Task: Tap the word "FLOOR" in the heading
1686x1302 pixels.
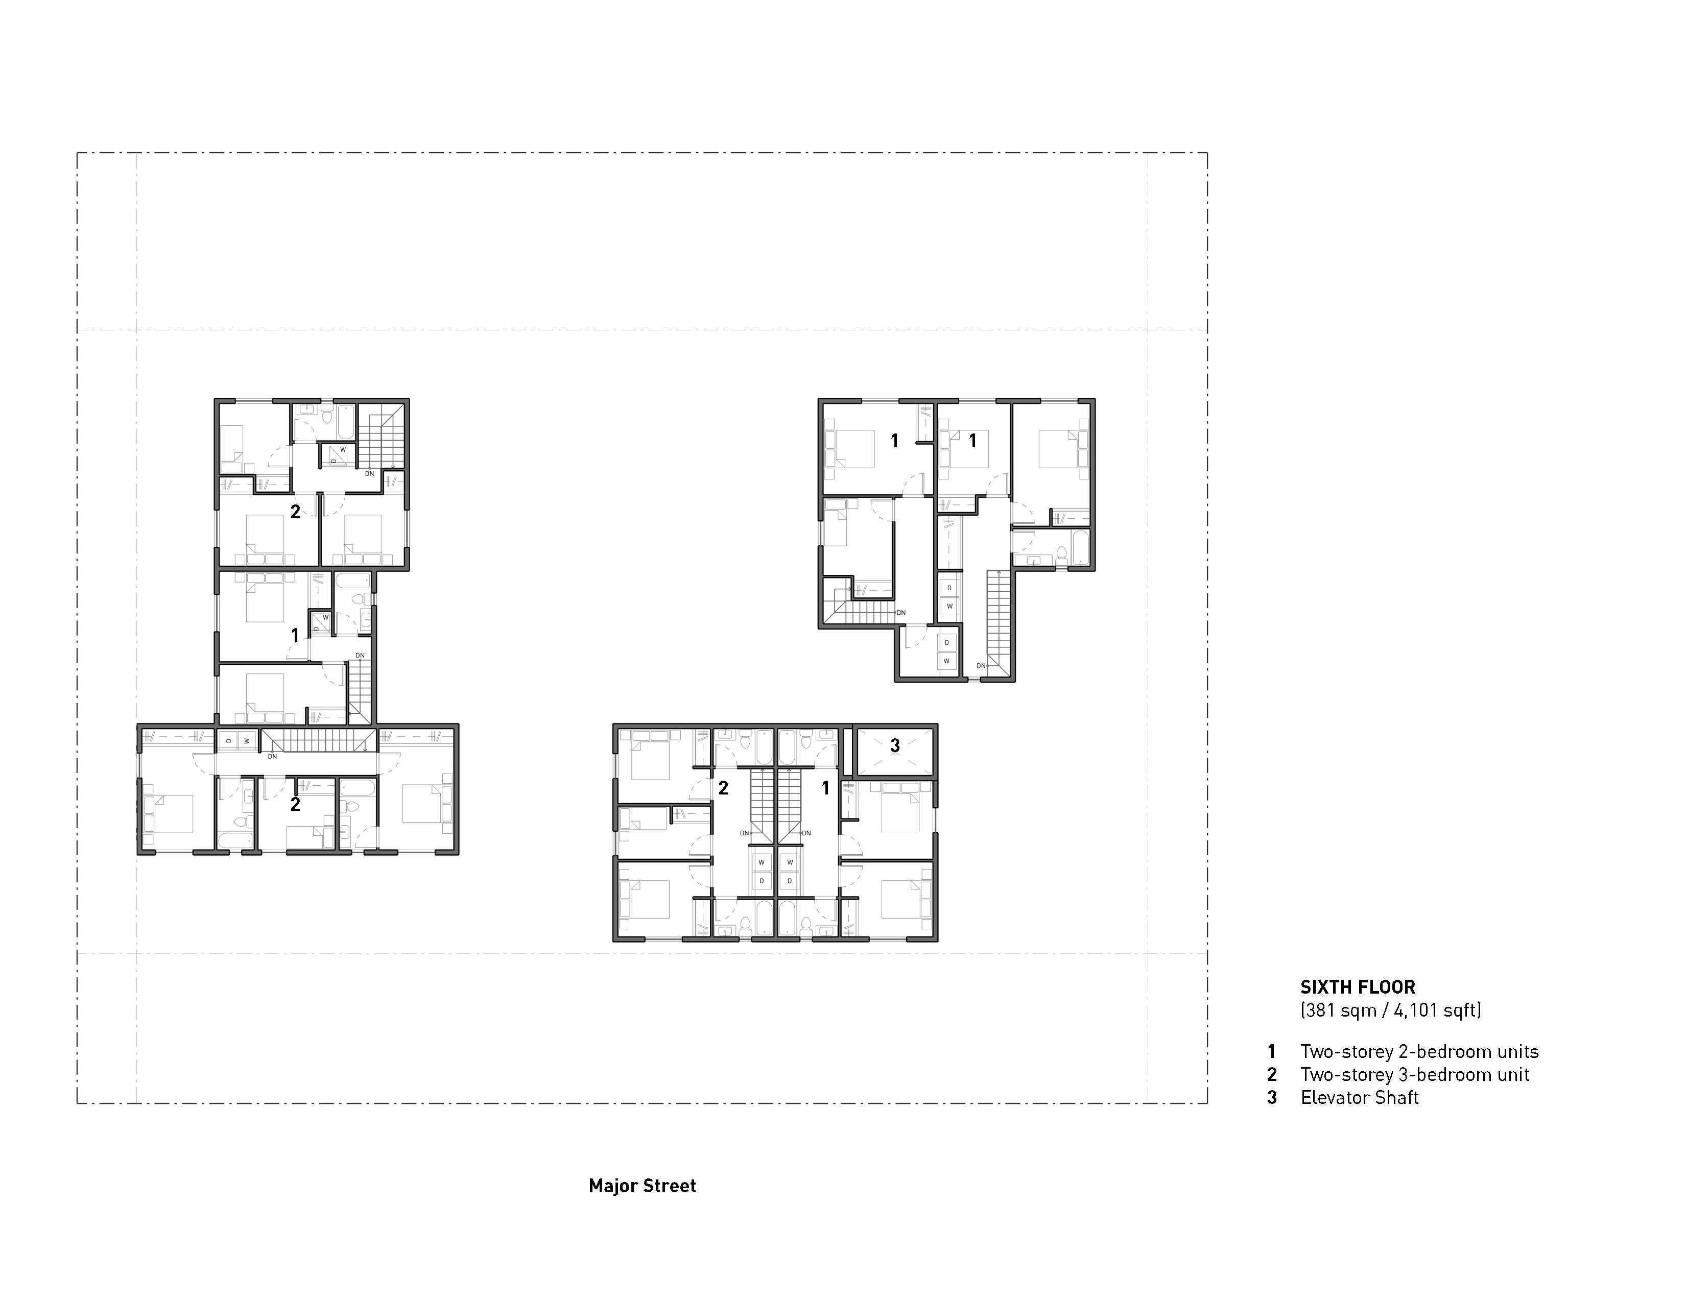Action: pos(1389,987)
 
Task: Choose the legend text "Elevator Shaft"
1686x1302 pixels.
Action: pos(1360,1097)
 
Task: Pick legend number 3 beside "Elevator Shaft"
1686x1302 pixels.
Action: pos(1272,1097)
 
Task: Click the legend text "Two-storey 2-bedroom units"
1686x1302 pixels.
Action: pos(1420,1052)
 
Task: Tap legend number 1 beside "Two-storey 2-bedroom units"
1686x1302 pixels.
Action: pos(1272,1052)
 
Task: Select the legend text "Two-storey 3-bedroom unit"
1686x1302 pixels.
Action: pos(1415,1074)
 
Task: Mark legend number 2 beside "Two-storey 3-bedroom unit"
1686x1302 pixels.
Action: pos(1272,1074)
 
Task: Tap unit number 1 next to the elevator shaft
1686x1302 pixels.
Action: pos(825,788)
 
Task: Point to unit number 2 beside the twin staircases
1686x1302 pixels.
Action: pos(723,788)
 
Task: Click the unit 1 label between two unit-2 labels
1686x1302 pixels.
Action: pos(294,635)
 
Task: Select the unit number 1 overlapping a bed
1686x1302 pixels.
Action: pos(972,441)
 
